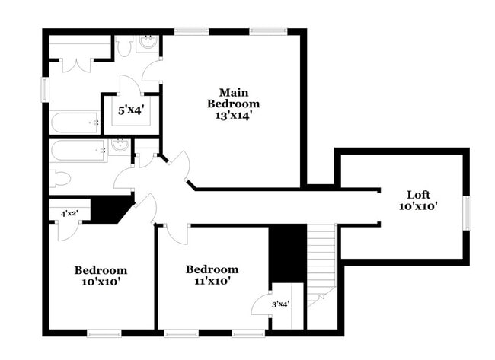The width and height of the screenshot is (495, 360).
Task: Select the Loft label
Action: tap(418, 194)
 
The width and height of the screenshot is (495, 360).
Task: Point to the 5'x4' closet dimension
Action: tap(130, 110)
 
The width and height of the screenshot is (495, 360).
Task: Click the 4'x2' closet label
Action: tap(69, 214)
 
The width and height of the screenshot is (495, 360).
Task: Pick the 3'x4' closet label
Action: tap(280, 304)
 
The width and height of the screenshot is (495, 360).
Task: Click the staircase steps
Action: tap(321, 258)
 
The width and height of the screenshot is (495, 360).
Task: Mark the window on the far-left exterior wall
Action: tap(44, 88)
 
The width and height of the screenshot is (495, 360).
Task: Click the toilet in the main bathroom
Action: tap(125, 46)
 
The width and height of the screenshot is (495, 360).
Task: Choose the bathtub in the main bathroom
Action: tap(75, 122)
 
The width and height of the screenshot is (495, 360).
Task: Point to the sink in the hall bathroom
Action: tap(118, 145)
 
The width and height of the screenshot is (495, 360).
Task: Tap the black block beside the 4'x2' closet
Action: tap(109, 209)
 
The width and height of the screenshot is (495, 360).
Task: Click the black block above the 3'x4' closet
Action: tap(288, 254)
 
